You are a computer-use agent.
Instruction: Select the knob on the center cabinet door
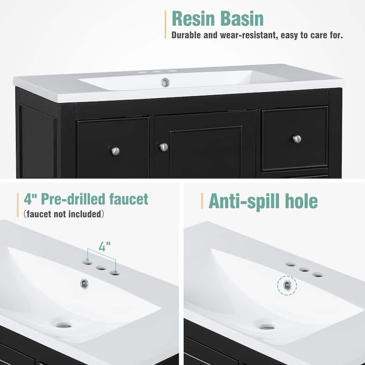pyautogui.click(x=163, y=147)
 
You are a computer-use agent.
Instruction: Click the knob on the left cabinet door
pyautogui.click(x=115, y=151)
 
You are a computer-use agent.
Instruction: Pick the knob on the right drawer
pyautogui.click(x=297, y=139)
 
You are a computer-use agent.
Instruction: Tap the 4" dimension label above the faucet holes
pyautogui.click(x=104, y=247)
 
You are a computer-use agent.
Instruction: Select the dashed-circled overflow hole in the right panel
pyautogui.click(x=287, y=286)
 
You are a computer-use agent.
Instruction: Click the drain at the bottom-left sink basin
pyautogui.click(x=64, y=325)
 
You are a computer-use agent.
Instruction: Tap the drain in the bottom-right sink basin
pyautogui.click(x=266, y=327)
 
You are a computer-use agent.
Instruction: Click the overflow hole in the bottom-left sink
pyautogui.click(x=84, y=283)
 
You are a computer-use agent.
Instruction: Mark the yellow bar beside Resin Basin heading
pyautogui.click(x=165, y=24)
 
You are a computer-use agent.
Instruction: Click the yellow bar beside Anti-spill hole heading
pyautogui.click(x=202, y=201)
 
